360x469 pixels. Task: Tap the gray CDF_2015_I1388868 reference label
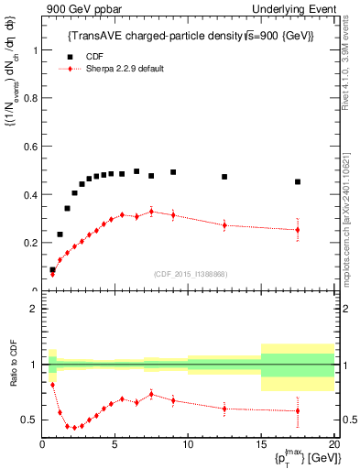click(190, 273)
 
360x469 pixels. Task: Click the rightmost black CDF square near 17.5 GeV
click(298, 181)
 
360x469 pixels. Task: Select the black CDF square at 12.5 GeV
click(224, 177)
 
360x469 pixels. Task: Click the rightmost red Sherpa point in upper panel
click(298, 230)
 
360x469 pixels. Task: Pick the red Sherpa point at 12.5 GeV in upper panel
click(224, 225)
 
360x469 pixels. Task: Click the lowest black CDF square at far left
click(52, 270)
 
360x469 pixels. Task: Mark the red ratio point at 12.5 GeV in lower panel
click(224, 409)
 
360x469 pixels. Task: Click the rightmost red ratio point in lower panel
click(298, 410)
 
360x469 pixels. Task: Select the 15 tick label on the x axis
click(261, 446)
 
